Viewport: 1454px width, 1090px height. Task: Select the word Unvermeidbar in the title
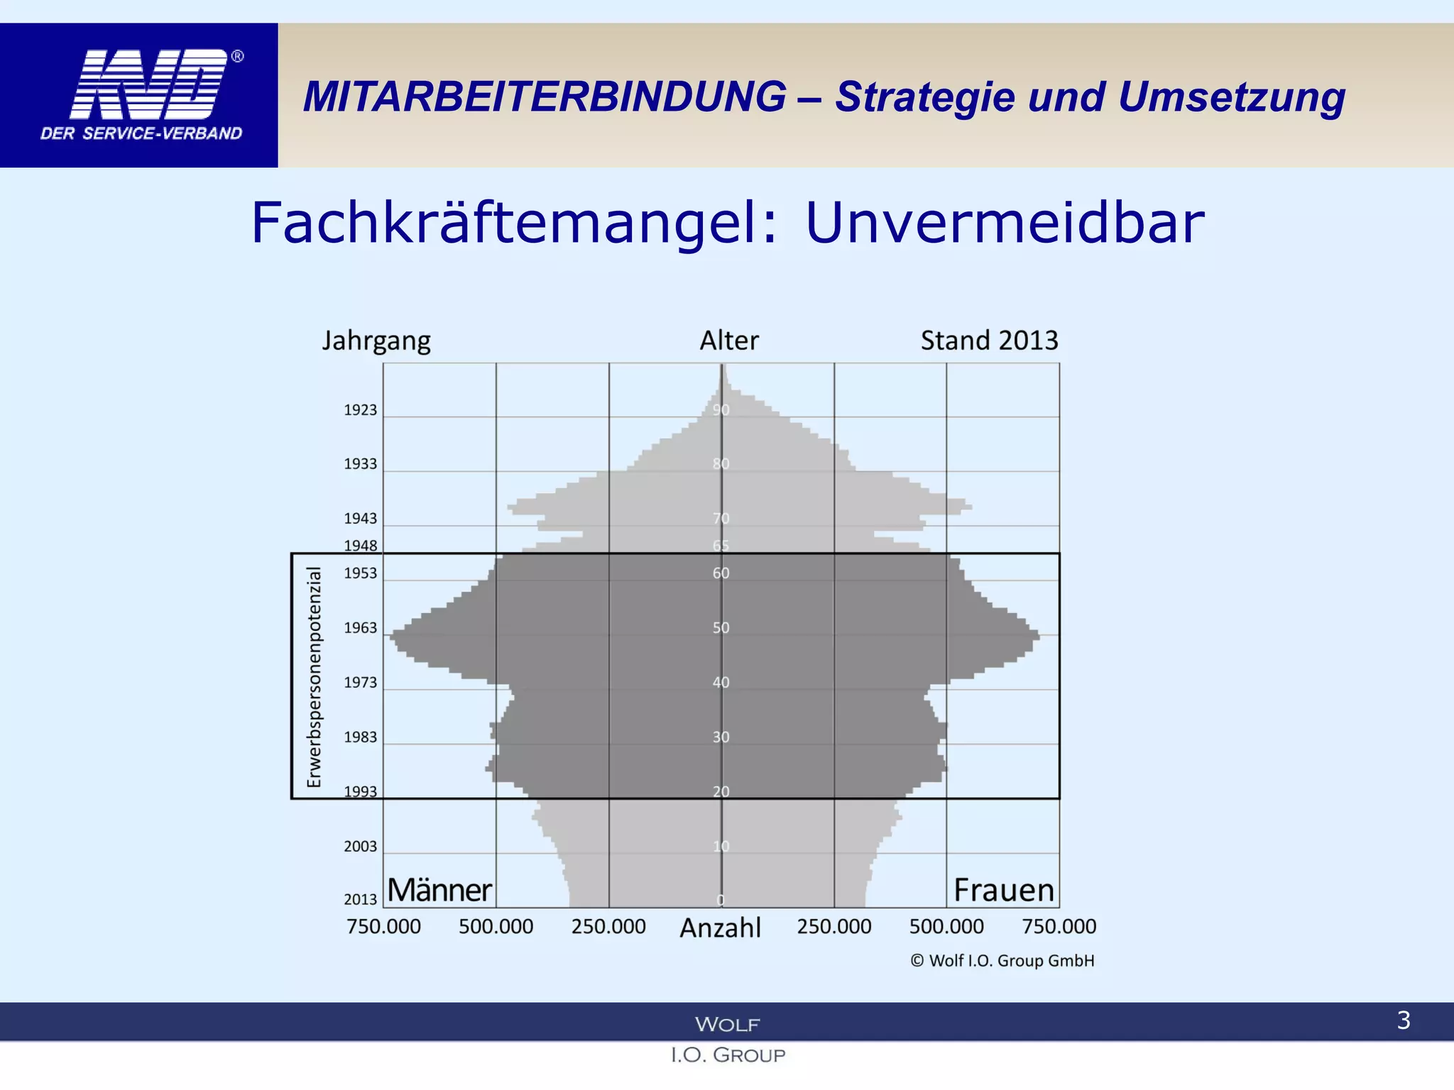[1005, 223]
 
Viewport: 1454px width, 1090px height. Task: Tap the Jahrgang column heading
[376, 341]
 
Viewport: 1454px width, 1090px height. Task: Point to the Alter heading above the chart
[729, 341]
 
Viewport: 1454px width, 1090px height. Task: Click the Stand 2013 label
[989, 341]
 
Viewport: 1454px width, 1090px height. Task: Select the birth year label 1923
[361, 410]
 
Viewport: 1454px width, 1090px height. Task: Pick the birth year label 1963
[361, 628]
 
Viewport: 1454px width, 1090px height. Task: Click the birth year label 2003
[361, 847]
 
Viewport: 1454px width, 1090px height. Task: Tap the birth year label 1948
[361, 546]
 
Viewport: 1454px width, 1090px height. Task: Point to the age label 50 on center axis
[721, 628]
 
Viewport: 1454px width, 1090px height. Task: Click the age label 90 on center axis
[721, 410]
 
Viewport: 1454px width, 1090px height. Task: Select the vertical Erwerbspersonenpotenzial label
[314, 677]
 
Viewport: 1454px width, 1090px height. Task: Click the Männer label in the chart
[439, 891]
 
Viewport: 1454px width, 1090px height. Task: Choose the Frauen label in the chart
[1004, 891]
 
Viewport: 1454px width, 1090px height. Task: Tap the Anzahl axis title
[720, 928]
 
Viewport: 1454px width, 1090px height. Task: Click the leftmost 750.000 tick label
[383, 927]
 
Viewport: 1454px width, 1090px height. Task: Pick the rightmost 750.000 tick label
[1059, 927]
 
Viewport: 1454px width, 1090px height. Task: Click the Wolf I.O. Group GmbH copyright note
[1002, 961]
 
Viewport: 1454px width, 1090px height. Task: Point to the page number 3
[1403, 1020]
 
